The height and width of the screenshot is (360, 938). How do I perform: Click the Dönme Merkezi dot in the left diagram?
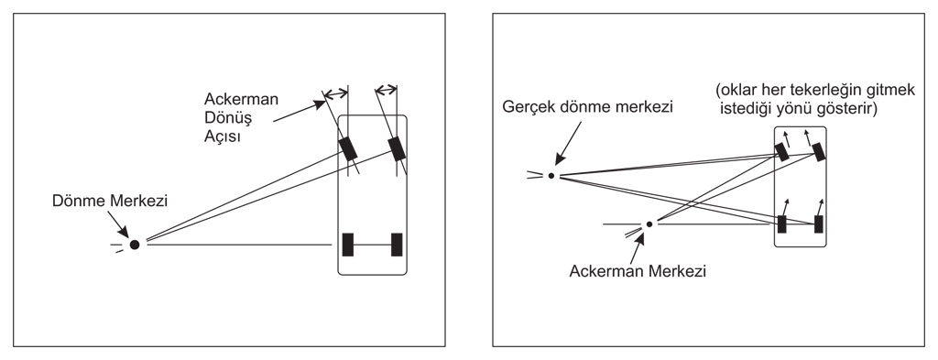click(135, 245)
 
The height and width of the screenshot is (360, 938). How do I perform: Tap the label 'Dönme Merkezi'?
click(110, 202)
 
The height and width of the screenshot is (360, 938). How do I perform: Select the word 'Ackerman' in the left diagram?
click(241, 99)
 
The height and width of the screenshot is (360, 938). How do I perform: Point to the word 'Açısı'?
click(223, 136)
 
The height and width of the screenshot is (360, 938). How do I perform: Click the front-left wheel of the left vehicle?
click(347, 149)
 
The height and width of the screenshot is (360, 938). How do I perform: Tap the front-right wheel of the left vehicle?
click(397, 149)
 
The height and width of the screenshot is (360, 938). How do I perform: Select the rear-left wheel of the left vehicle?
click(347, 245)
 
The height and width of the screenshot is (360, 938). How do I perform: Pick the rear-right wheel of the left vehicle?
click(397, 245)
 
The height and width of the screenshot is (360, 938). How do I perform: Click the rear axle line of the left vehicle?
click(372, 245)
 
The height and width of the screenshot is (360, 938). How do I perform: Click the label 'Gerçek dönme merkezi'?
click(588, 108)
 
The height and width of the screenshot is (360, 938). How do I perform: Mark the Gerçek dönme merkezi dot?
click(551, 176)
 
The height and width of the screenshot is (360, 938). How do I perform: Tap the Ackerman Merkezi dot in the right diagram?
click(649, 224)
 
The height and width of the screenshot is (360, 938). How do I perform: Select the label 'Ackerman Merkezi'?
click(638, 271)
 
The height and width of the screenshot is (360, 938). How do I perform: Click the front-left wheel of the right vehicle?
click(782, 152)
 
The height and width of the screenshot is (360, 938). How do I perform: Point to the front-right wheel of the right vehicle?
click(818, 152)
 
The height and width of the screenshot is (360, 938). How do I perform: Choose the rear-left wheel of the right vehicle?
click(782, 224)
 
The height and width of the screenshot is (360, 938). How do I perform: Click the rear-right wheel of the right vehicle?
click(818, 224)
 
